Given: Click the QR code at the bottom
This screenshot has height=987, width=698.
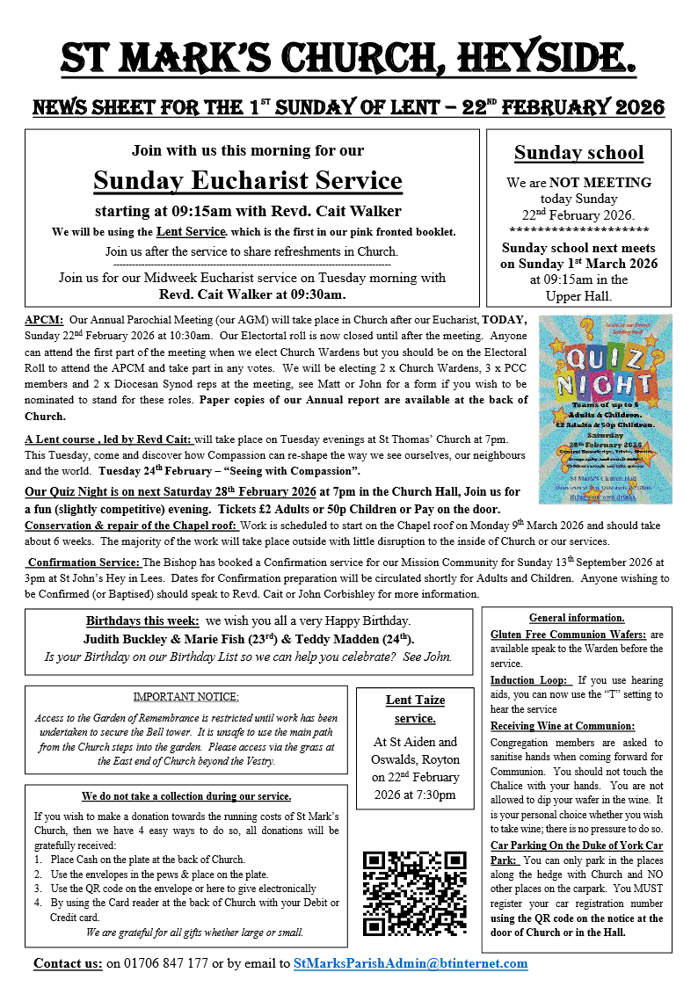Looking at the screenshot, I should coord(414,892).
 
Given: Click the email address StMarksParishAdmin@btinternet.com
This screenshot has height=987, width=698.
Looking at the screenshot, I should coord(411,963).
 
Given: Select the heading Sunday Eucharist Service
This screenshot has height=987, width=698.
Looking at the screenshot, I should coord(247,180).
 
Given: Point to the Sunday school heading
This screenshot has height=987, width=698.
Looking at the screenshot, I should coord(578,152).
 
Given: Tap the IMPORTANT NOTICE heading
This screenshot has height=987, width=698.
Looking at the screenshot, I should coord(185,697).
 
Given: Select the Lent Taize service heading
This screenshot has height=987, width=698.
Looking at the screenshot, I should coord(415,708).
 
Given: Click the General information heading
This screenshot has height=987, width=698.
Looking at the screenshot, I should coord(577,618).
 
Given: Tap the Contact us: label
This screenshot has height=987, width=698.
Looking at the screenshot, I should coord(68,963).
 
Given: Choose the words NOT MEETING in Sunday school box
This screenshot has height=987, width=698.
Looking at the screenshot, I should coord(601,183).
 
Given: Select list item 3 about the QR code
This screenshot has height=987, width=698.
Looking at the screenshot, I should coord(174,889).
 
